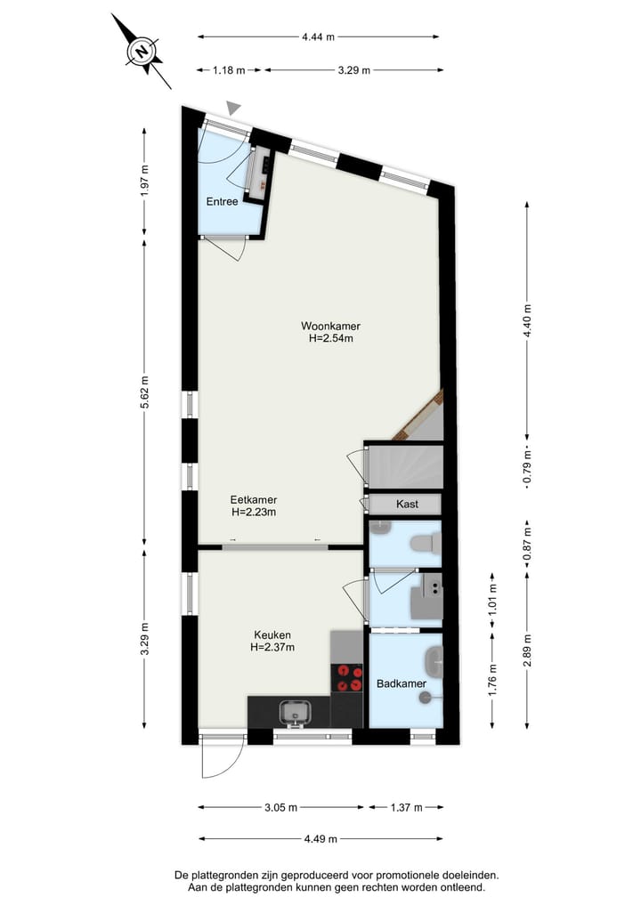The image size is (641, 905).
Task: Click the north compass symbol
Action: coord(141,52)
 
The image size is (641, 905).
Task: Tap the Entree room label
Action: coord(222,202)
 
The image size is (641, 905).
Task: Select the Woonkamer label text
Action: coord(329,326)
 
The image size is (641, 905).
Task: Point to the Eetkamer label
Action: coord(253,500)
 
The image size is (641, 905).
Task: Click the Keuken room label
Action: coord(272,634)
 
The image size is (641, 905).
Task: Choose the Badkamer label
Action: coord(400,683)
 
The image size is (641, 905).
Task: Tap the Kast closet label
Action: coord(407,505)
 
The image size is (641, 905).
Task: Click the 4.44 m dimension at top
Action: coord(318,37)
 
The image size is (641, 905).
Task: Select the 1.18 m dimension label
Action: coord(229,70)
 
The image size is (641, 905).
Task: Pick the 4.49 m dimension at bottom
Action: coord(319,838)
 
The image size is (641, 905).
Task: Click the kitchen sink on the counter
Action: coord(293,712)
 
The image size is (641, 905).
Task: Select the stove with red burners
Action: coord(347,678)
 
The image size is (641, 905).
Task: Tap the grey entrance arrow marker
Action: coord(233,108)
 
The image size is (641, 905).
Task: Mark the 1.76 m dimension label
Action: coord(492,683)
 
